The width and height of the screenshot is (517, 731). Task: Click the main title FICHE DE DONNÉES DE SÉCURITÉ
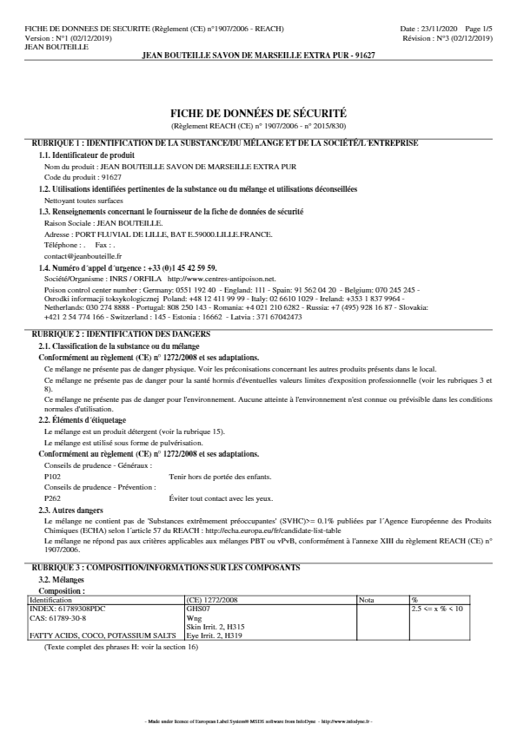click(260, 113)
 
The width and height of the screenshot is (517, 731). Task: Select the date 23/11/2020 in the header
click(446, 29)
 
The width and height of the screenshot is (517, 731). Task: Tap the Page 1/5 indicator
click(480, 29)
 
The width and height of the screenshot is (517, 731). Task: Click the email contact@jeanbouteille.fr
click(83, 257)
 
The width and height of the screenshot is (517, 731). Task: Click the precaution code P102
click(51, 476)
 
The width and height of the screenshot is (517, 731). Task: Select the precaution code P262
click(51, 498)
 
